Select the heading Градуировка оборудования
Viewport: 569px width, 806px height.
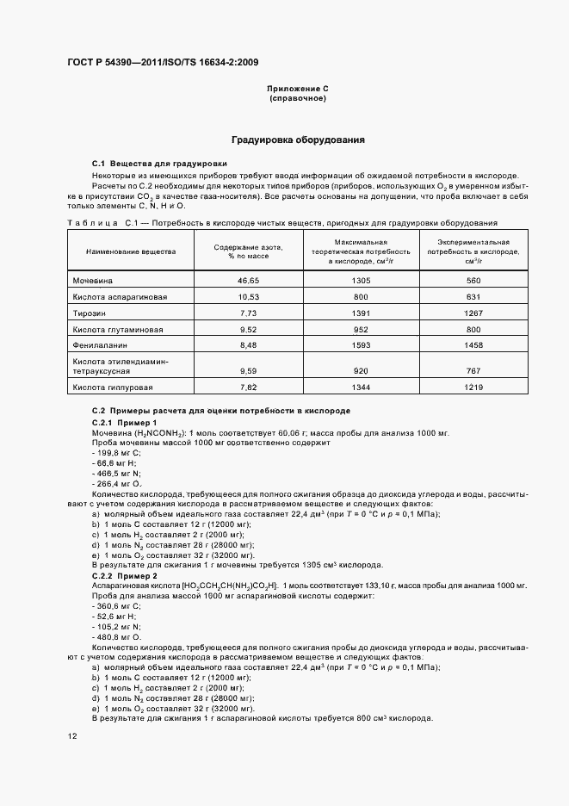pos(298,139)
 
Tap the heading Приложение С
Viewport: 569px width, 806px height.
pos(298,89)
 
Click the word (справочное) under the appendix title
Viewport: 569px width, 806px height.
pos(298,98)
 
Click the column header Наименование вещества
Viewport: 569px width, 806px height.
pos(131,251)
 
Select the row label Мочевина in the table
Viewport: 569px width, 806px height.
pos(93,281)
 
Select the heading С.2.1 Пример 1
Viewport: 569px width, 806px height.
pos(124,423)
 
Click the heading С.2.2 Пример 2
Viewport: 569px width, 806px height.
pos(125,575)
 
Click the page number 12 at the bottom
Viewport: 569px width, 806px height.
pos(72,736)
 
